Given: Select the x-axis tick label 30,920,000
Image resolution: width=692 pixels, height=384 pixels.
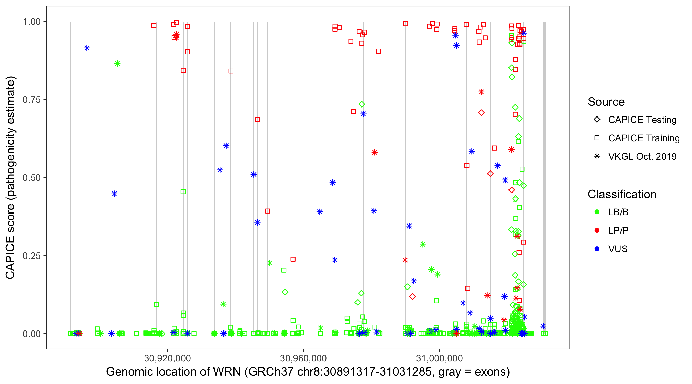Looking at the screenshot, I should tap(167, 358).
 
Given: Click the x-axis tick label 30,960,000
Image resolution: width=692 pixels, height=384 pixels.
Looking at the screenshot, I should tap(303, 358).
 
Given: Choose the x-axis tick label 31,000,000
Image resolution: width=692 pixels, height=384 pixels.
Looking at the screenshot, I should tap(439, 358).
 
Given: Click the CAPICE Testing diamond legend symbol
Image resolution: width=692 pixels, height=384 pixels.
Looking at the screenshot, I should tap(597, 120).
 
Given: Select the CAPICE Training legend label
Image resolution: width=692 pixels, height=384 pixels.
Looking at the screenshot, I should tap(644, 138).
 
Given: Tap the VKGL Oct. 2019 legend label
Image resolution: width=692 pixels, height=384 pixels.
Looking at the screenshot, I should tap(642, 157).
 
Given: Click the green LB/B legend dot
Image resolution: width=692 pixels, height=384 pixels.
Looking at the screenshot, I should tap(597, 212).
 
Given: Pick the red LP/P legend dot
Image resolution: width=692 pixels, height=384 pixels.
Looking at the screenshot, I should tap(597, 230).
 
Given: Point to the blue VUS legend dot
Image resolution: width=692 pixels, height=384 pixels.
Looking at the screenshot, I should tap(597, 249).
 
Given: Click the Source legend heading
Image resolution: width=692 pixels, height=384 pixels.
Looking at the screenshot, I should tap(606, 102).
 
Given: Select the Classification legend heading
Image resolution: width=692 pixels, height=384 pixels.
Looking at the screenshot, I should tap(622, 194).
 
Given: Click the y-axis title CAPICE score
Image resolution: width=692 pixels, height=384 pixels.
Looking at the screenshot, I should tap(11, 177).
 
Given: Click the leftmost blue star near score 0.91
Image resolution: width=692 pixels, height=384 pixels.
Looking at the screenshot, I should tap(87, 48).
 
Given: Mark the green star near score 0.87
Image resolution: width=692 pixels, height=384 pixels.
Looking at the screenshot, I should tap(117, 63).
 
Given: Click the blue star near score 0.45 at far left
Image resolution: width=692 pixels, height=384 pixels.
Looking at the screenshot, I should tap(115, 194).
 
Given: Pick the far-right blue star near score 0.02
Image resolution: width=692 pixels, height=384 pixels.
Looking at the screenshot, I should tap(543, 326).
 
